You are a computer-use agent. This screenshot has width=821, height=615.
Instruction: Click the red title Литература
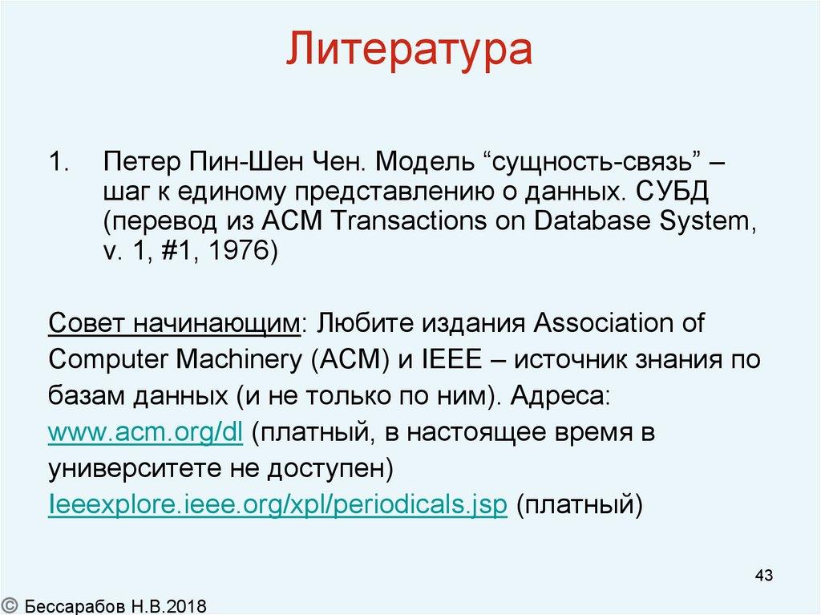click(410, 50)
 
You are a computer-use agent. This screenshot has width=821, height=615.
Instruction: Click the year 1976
click(235, 251)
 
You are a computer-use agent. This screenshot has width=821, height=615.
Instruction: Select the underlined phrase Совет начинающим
click(174, 323)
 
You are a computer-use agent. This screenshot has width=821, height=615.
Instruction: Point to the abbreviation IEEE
click(448, 360)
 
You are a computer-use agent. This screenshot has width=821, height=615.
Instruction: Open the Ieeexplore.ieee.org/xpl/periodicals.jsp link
click(277, 506)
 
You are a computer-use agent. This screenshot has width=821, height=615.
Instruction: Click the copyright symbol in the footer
click(10, 603)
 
